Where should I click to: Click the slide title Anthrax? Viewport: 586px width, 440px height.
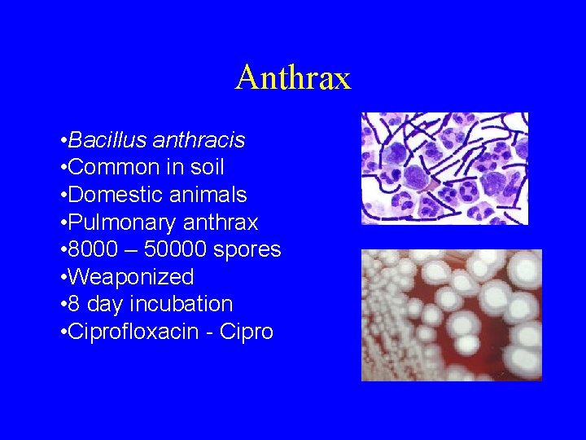[293, 78]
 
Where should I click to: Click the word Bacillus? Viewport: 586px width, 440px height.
[107, 141]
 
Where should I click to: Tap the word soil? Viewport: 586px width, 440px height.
[206, 168]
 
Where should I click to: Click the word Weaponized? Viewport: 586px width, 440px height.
[131, 277]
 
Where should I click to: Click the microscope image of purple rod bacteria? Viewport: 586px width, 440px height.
[444, 168]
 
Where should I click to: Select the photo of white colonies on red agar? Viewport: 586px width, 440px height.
[451, 315]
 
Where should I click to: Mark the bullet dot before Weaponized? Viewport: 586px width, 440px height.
[63, 277]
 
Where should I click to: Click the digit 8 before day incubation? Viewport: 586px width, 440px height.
[74, 304]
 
